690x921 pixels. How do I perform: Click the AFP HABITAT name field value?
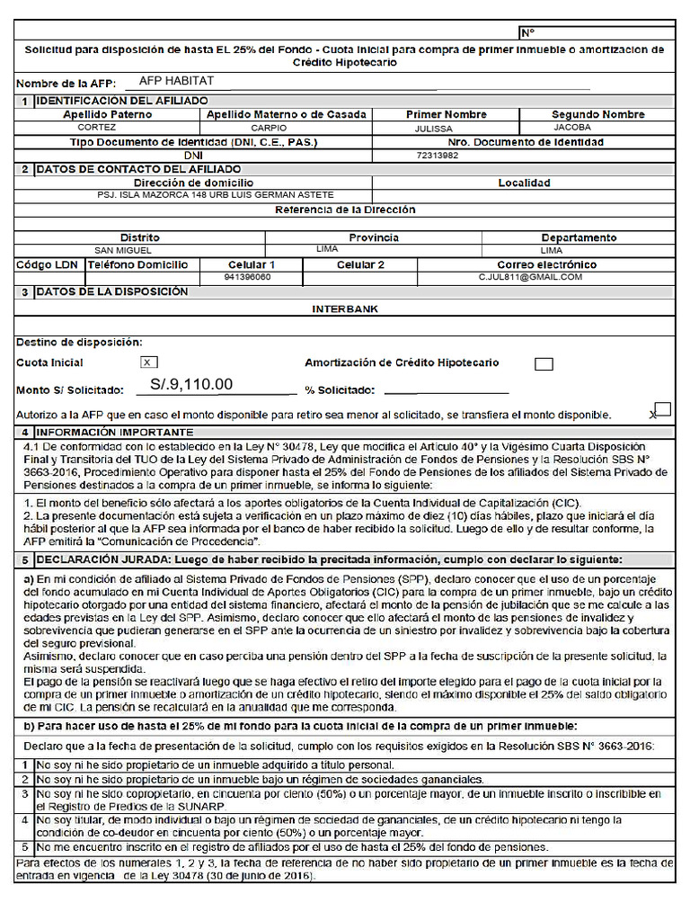pos(176,81)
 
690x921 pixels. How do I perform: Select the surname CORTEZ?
pos(96,128)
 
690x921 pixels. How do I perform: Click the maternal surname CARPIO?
pos(269,128)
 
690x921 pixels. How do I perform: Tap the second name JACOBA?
pos(572,128)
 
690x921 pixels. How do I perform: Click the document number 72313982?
pos(438,156)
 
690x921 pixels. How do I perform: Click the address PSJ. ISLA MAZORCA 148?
pos(216,195)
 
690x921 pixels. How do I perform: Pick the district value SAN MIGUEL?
pos(123,251)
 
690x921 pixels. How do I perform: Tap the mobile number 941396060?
pos(247,278)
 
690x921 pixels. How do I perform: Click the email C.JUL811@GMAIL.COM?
pos(530,277)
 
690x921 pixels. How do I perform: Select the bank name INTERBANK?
pos(345,308)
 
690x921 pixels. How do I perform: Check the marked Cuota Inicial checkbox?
pos(149,362)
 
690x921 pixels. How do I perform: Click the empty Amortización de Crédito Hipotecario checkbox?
pos(544,364)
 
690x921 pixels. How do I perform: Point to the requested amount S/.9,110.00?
pos(191,385)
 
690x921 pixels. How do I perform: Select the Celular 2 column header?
pos(360,264)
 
